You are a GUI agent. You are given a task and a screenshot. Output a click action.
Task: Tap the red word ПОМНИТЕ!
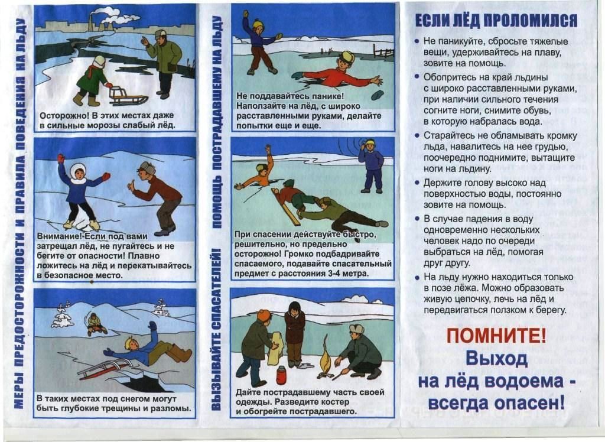click(496, 336)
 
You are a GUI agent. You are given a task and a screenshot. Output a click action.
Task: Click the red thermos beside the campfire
click(282, 375)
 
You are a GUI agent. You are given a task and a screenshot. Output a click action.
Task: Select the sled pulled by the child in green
click(128, 96)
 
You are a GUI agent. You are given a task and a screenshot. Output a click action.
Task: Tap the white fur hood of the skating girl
click(79, 173)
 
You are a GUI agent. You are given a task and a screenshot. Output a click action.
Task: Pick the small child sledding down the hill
click(95, 324)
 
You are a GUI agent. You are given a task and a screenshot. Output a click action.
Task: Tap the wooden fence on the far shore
click(383, 52)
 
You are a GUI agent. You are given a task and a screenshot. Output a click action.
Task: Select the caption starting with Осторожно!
click(108, 121)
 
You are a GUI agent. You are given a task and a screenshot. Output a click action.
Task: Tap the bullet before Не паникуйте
click(417, 41)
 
